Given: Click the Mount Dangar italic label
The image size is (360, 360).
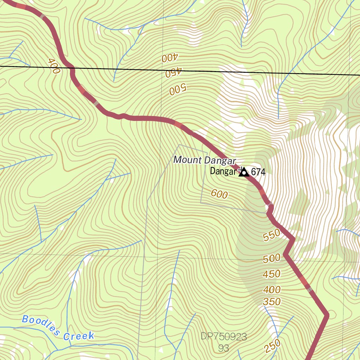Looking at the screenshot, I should [204, 160].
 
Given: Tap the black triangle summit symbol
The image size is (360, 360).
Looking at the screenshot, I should [244, 172].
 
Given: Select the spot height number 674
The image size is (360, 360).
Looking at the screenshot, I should [258, 172].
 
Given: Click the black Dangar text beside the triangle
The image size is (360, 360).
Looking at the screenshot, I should [223, 172].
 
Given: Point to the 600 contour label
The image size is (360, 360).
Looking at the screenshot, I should [219, 194].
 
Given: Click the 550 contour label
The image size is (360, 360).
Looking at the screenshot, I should [272, 235].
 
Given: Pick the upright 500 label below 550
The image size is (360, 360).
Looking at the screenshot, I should [272, 259].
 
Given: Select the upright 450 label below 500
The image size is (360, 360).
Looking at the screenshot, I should [272, 274].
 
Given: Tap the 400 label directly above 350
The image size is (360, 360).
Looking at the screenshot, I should [272, 290].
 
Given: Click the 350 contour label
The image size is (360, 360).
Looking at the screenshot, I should [272, 302].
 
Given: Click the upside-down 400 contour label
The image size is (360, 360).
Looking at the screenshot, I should [171, 58].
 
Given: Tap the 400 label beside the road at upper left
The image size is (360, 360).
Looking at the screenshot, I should [54, 66].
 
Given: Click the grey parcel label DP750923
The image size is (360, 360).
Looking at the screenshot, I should [224, 337].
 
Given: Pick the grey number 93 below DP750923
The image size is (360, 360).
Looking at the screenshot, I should [223, 348].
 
